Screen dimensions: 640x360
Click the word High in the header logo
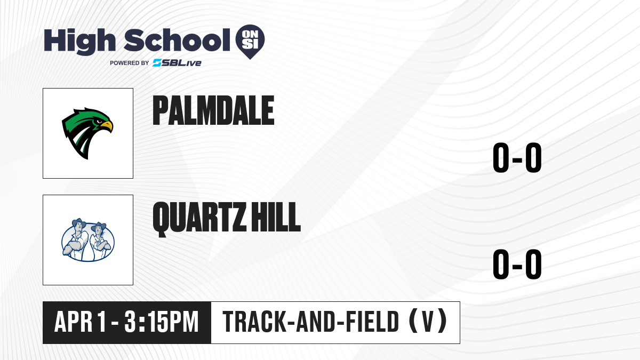[x=80, y=42]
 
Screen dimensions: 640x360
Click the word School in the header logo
[x=177, y=40]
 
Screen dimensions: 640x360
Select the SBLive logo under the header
[x=177, y=63]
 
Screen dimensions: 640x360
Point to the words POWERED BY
[x=130, y=63]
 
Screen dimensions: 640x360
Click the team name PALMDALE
[x=213, y=110]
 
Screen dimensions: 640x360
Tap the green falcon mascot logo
[x=87, y=133]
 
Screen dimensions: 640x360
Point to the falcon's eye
[x=99, y=122]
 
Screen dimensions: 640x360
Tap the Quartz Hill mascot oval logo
[x=88, y=240]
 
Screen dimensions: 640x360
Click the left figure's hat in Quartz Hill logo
[x=79, y=222]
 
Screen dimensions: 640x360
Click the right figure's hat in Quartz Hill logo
[x=99, y=227]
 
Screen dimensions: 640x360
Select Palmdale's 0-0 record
[x=517, y=158]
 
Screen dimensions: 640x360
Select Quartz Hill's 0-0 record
[x=517, y=265]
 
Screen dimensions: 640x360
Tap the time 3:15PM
[x=162, y=322]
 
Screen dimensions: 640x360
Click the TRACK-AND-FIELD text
[x=311, y=322]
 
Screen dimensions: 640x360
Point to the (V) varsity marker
[x=428, y=321]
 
